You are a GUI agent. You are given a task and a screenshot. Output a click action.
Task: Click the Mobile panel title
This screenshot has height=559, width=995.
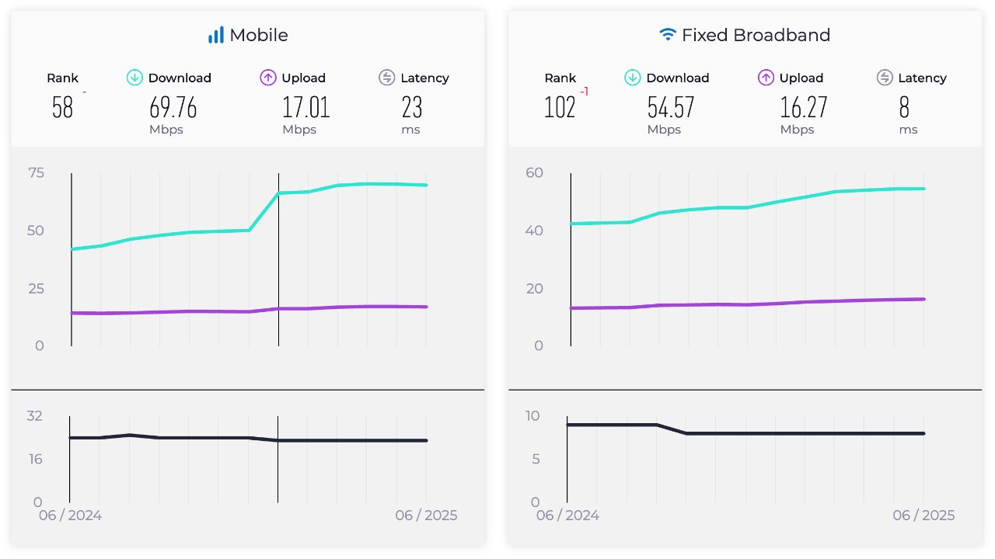(x=258, y=35)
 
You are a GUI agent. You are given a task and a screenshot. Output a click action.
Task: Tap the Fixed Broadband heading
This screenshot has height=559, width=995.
(x=756, y=35)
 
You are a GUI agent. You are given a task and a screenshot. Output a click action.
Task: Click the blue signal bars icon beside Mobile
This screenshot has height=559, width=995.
(x=215, y=35)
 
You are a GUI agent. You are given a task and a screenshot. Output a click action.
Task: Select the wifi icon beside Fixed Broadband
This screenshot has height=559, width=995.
(x=667, y=35)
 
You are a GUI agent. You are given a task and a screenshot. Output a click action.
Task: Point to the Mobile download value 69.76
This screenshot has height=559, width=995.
(x=173, y=108)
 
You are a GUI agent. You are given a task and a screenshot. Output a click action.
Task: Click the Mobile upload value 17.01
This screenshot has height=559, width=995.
(x=306, y=108)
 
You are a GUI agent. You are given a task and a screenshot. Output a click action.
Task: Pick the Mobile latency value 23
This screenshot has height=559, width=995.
(x=411, y=108)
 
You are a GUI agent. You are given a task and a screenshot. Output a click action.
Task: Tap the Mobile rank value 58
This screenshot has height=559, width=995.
(x=62, y=108)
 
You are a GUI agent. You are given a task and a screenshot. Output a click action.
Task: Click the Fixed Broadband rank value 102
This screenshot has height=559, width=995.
(x=560, y=108)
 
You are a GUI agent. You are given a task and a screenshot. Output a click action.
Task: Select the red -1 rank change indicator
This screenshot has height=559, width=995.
(x=584, y=92)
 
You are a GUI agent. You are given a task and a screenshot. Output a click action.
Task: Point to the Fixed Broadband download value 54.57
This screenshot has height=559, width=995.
(x=670, y=108)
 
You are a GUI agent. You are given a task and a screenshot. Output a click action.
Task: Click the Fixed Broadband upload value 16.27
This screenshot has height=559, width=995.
(x=804, y=108)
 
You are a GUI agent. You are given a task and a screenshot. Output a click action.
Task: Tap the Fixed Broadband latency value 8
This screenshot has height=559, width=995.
(x=904, y=108)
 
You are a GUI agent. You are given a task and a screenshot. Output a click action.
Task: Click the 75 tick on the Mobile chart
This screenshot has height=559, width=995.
(x=36, y=172)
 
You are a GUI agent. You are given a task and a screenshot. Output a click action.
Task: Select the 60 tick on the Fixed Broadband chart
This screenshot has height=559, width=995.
(x=533, y=172)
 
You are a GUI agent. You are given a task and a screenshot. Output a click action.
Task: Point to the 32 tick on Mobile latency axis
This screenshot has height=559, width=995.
(x=35, y=416)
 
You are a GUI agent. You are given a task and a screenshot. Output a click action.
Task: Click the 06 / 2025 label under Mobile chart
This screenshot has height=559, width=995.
(x=426, y=516)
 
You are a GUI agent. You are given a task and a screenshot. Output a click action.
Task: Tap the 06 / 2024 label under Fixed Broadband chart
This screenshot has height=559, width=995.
(x=567, y=516)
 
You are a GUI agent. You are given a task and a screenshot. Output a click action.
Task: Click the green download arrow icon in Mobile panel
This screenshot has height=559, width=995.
(x=134, y=78)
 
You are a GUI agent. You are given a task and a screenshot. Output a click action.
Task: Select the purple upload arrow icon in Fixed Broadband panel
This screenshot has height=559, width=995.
(x=766, y=78)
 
